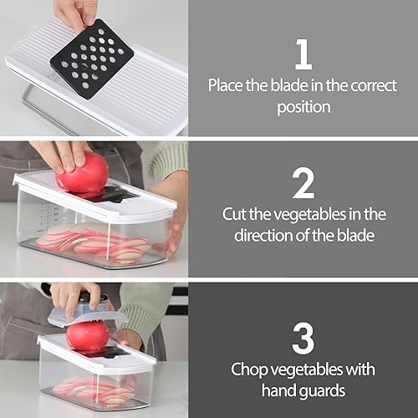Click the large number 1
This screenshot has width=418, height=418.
(x=303, y=54)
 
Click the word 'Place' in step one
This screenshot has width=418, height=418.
(x=227, y=85)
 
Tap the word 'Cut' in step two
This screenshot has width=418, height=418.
(x=237, y=214)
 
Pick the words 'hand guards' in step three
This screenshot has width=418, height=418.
(x=303, y=390)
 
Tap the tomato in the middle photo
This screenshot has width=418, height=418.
(x=83, y=173)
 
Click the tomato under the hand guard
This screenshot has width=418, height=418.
(x=87, y=335)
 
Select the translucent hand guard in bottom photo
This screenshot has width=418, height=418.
(x=84, y=313)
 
